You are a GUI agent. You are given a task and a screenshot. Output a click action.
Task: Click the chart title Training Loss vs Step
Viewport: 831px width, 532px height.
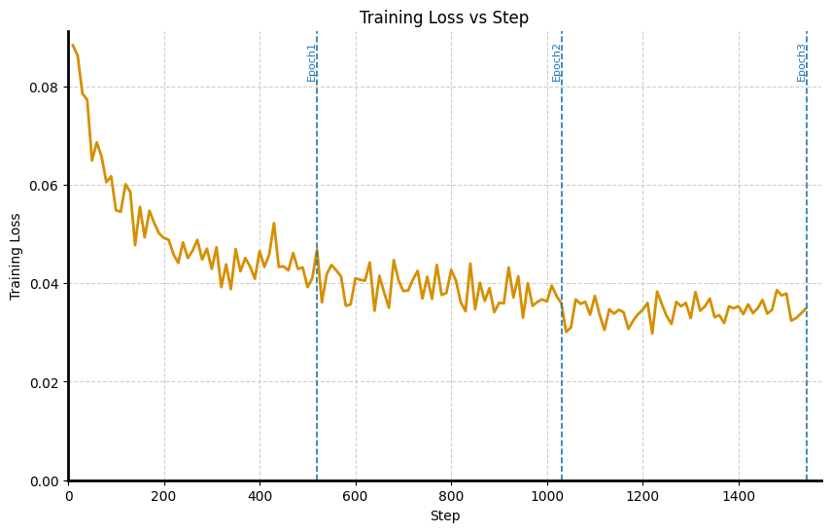point(444,18)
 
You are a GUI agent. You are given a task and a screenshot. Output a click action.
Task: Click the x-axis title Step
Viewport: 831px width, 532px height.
point(444,515)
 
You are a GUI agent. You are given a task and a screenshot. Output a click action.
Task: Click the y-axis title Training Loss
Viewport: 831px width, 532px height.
point(16,256)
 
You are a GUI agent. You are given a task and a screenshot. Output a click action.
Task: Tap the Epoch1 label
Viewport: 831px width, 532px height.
point(312,62)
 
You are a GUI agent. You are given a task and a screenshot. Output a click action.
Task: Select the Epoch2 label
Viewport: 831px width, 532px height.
point(557,62)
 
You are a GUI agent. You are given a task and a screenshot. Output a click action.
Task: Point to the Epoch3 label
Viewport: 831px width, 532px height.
point(802,62)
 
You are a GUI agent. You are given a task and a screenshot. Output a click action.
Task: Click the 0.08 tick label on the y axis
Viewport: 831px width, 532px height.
point(44,88)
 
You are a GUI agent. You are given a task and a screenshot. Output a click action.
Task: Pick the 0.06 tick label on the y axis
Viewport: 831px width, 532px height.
point(44,186)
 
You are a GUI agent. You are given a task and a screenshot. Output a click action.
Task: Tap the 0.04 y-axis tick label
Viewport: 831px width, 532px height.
point(44,284)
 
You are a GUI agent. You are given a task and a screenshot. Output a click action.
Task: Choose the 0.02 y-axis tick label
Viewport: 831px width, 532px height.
point(44,382)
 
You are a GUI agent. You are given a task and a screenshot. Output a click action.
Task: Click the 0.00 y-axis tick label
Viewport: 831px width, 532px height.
point(44,480)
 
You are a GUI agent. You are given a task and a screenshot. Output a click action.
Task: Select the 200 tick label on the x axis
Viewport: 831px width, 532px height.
point(164,496)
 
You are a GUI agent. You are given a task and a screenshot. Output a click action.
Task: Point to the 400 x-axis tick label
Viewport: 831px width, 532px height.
point(260,496)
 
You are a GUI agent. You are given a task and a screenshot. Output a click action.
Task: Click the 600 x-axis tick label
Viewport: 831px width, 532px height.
point(356,496)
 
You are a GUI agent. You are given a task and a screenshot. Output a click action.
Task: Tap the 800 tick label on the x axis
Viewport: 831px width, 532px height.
point(451,496)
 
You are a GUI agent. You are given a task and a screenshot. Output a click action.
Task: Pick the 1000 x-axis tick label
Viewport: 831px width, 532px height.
point(547,496)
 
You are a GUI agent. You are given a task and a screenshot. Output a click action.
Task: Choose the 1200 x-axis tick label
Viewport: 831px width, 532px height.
point(642,496)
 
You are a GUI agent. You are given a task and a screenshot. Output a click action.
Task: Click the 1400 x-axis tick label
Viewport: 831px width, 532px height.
point(739,496)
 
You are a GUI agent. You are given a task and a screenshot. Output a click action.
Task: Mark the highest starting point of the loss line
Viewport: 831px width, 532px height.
point(73,45)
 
